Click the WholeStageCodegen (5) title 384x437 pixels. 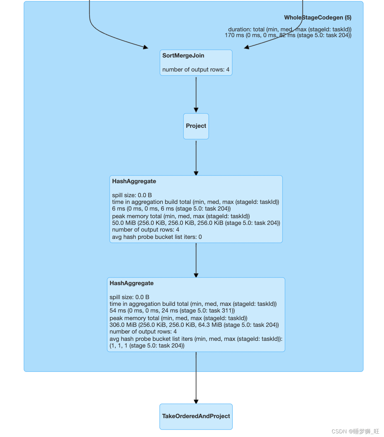[x=317, y=18]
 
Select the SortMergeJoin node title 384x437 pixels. [x=183, y=56]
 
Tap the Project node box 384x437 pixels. [x=196, y=126]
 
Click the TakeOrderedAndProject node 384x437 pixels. [x=196, y=416]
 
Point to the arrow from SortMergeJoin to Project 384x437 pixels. [x=196, y=94]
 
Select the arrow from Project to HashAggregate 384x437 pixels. [x=196, y=157]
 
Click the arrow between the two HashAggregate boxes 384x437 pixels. [x=196, y=260]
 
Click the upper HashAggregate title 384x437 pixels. [x=134, y=181]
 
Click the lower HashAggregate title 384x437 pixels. [x=131, y=283]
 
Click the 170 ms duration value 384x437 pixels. [x=234, y=35]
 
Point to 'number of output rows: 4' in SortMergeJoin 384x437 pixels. [x=196, y=70]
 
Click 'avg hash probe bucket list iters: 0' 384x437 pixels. [x=157, y=237]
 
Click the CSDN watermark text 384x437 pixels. [x=355, y=431]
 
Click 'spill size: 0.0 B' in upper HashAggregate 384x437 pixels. [x=132, y=195]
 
